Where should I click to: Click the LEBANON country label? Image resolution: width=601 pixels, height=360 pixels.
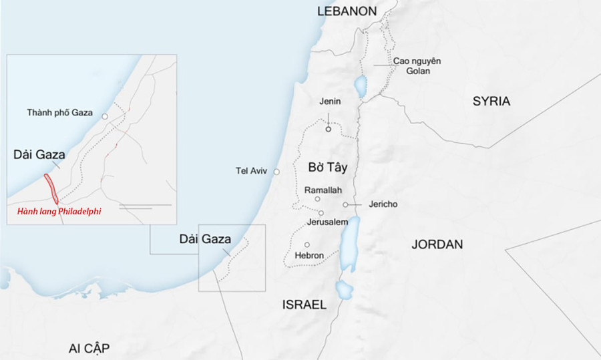coord(347,11)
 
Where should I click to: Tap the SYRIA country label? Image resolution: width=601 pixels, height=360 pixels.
coord(491,102)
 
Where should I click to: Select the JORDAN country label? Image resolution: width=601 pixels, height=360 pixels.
coord(437,244)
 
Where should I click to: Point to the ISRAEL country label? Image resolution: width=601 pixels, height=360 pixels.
coord(305,305)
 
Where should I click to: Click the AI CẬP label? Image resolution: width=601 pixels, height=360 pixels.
coord(89,348)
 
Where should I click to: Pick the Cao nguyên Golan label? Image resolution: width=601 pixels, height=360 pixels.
coord(417,65)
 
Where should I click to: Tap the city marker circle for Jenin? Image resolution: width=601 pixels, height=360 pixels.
coord(329,130)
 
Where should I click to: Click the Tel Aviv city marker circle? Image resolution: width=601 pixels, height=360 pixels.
coord(277,172)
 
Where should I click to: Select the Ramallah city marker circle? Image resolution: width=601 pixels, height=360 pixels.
coord(317,199)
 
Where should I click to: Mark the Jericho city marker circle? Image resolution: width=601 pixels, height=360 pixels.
coord(345,204)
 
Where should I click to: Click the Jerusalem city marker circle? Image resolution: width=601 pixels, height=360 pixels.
coord(321,213)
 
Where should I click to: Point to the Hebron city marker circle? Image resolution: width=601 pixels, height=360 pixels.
coord(307,244)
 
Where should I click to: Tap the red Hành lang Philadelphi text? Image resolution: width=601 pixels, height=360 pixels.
coord(59,212)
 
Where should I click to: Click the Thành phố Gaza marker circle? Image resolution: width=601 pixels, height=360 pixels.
coord(105,116)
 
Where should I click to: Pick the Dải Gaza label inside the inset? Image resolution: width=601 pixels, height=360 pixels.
coord(39,155)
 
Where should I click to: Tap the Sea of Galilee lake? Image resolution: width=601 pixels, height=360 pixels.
coord(361,86)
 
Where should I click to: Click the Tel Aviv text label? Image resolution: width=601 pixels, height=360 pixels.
coord(251,171)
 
